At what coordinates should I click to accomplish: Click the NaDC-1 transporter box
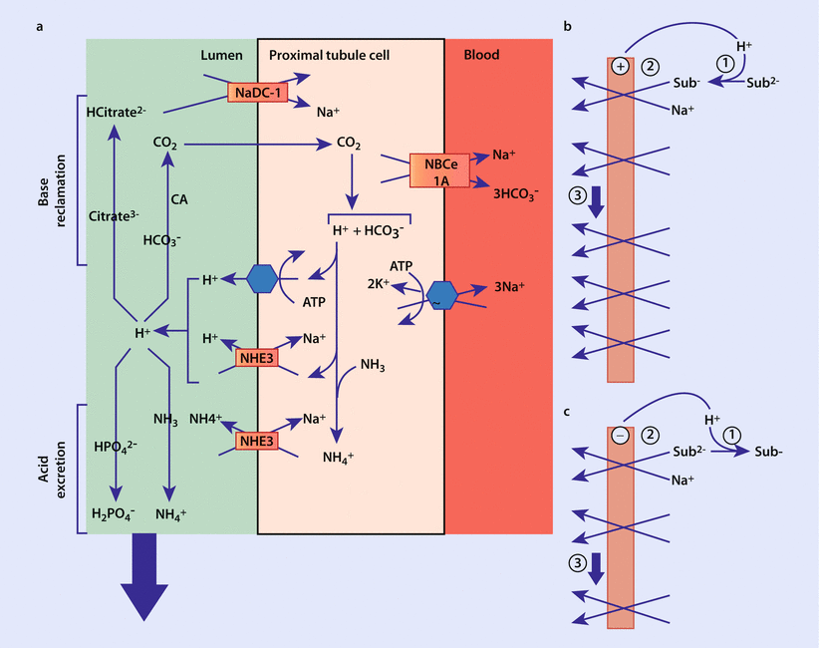(x=255, y=93)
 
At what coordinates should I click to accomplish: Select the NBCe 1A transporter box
(x=439, y=170)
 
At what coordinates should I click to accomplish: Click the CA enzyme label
(x=179, y=199)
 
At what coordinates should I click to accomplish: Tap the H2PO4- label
(x=117, y=514)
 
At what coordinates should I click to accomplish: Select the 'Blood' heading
(x=482, y=55)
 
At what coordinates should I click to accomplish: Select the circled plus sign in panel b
(x=620, y=67)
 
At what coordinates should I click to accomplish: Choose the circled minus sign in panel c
(x=620, y=436)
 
